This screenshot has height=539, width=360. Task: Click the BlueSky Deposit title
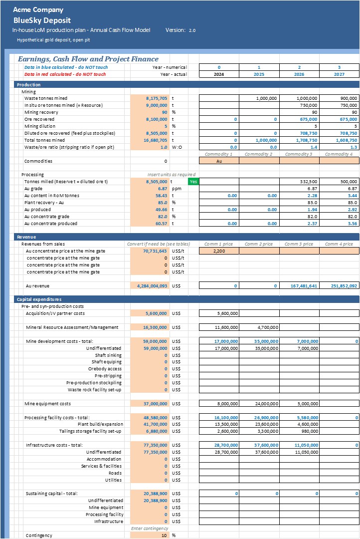tap(42, 20)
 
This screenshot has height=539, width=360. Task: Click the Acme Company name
tap(38, 9)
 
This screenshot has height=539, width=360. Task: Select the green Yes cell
tap(193, 182)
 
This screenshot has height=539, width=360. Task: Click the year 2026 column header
tap(299, 74)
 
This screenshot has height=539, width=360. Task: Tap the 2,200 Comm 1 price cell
tap(219, 251)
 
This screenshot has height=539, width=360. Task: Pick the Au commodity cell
tap(219, 161)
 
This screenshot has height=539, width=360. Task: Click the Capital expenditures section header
tap(37, 299)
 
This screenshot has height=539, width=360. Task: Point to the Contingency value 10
tap(164, 536)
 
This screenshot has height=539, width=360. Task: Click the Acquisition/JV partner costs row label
tap(55, 313)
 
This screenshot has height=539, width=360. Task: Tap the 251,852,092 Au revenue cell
tap(339, 286)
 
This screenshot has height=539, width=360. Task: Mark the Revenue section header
tap(26, 237)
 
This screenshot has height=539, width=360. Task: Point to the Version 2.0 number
tap(192, 30)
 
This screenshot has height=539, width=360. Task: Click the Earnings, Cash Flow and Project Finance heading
tap(88, 59)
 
